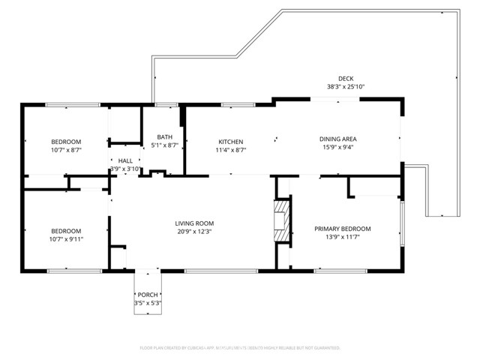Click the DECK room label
tap(345, 78)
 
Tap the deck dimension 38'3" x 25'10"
tap(345, 87)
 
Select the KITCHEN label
tap(230, 142)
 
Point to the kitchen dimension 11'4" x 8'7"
tap(230, 151)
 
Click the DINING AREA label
tap(337, 139)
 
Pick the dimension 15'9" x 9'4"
tap(337, 148)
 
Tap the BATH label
tap(164, 136)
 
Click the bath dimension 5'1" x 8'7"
tap(164, 145)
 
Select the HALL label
tap(125, 160)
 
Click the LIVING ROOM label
tap(194, 223)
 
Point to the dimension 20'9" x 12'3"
tap(194, 232)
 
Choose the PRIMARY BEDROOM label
tap(341, 229)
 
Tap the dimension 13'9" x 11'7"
tap(341, 238)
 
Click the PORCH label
tap(147, 294)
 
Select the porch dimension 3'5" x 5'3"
tap(147, 303)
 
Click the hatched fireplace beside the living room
tap(281, 221)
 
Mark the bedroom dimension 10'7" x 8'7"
tap(66, 151)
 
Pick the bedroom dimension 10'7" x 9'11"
tap(66, 240)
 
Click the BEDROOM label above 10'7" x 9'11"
tap(66, 231)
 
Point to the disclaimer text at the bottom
tap(240, 348)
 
